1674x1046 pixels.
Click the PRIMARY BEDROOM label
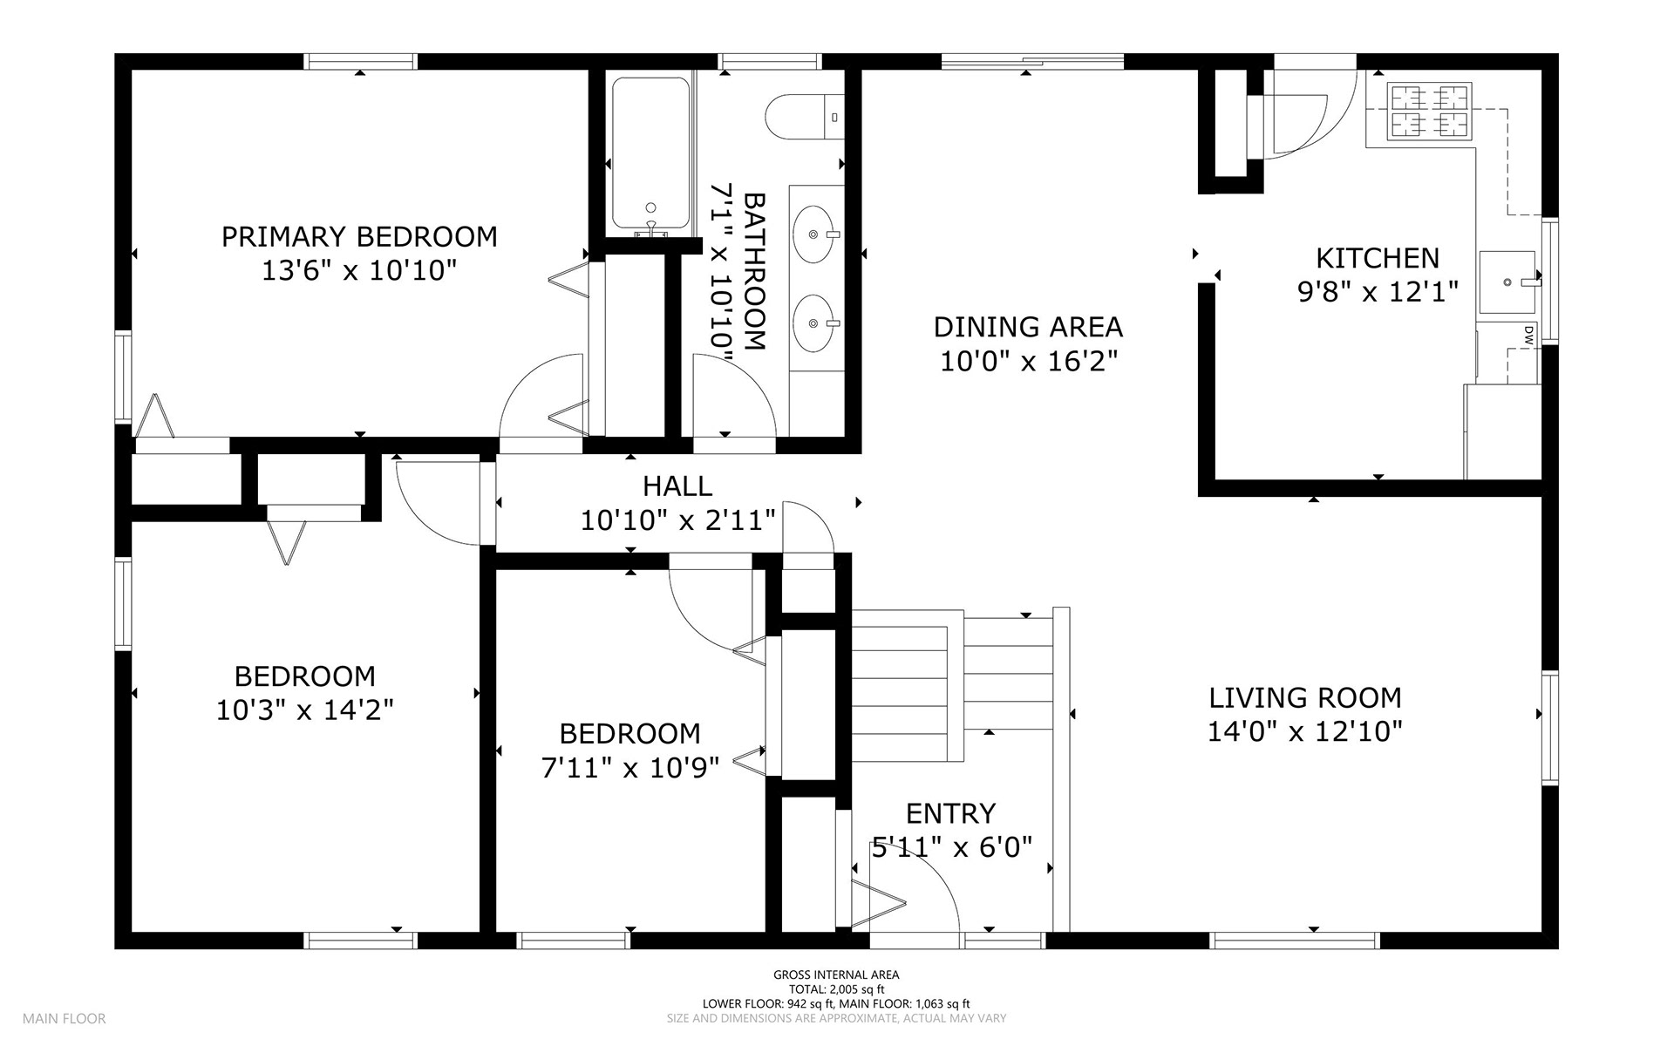click(x=359, y=237)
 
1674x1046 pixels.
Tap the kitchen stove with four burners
click(x=1430, y=112)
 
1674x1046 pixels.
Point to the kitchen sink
click(x=1509, y=282)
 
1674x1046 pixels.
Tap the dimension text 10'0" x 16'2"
click(x=1029, y=361)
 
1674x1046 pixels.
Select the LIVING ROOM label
click(x=1305, y=697)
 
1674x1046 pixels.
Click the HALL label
click(x=677, y=486)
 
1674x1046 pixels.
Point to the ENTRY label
click(x=950, y=813)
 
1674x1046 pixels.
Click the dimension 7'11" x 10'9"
click(x=630, y=768)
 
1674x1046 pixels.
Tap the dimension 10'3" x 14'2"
click(x=305, y=710)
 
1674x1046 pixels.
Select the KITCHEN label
click(x=1378, y=258)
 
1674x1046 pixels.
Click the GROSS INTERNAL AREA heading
click(x=836, y=975)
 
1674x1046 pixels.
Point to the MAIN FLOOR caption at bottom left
click(x=65, y=1018)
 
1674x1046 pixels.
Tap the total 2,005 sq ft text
click(x=836, y=989)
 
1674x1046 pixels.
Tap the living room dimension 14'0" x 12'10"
click(x=1305, y=731)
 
